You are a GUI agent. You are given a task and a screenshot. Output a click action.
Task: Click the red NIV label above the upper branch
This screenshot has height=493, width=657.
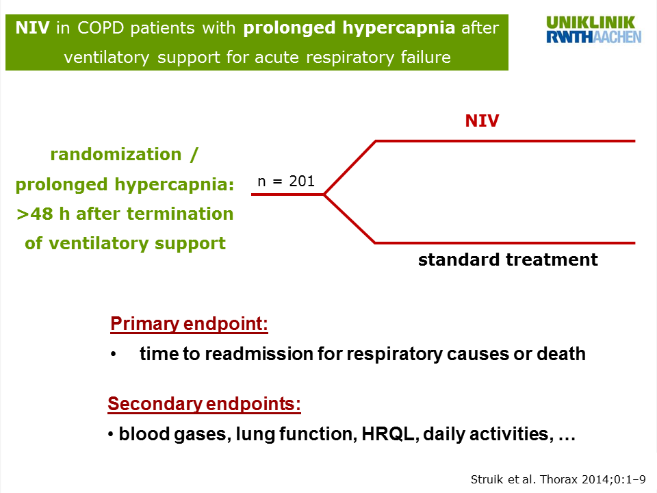(482, 121)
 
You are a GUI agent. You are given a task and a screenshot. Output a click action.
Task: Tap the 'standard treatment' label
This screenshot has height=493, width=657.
(508, 260)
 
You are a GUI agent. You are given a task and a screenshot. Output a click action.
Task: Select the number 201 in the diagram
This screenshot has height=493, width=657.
(302, 181)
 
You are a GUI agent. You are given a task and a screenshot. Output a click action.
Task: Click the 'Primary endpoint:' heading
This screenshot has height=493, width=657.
(189, 324)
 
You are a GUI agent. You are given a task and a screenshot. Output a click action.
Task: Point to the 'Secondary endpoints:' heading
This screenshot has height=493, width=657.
(204, 404)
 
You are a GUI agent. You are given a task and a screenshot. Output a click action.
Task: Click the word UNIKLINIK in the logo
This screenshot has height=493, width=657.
(591, 23)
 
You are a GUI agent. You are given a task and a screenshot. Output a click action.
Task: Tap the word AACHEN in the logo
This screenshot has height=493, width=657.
(617, 37)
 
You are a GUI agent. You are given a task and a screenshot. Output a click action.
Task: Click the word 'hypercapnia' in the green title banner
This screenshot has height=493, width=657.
(398, 28)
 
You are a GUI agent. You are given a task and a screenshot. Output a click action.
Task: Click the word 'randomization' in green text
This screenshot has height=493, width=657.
(116, 154)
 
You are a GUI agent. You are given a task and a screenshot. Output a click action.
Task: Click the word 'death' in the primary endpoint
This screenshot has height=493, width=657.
(561, 354)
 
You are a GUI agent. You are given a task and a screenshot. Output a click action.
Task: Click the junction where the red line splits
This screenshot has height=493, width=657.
(324, 194)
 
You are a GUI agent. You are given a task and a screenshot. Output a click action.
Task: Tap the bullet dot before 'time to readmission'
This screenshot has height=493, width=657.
(113, 355)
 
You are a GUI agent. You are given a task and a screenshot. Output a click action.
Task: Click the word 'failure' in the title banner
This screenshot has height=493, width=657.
(426, 58)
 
